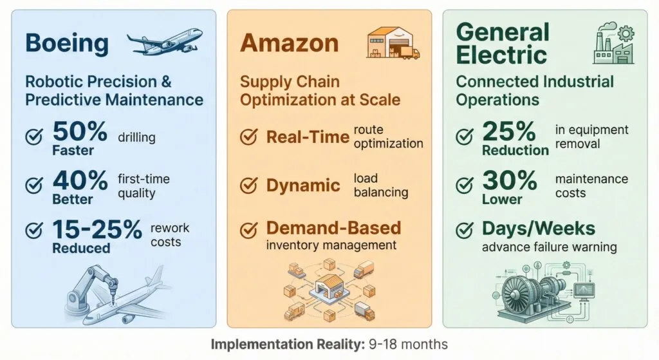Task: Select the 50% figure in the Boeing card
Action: click(x=80, y=132)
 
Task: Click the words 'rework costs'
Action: click(x=169, y=234)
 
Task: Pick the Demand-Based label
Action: click(x=333, y=227)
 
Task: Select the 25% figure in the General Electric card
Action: click(x=509, y=131)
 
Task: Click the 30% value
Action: click(x=509, y=181)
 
